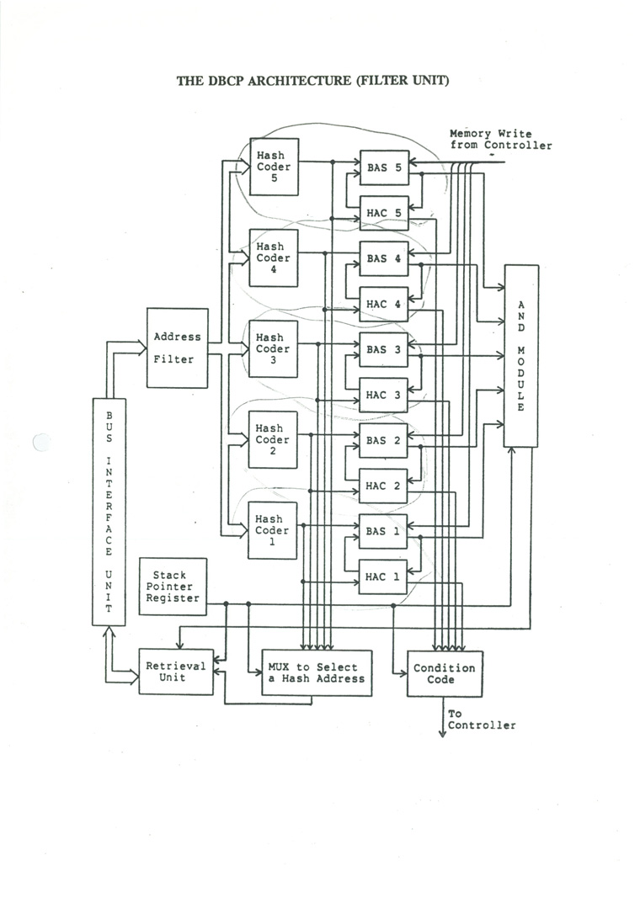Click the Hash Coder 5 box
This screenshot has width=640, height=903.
point(274,167)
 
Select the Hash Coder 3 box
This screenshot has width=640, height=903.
point(274,348)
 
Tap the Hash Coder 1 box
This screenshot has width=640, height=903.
point(274,530)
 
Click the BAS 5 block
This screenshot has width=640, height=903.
point(384,167)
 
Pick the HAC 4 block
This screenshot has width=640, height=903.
point(384,304)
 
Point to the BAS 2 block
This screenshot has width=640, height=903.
point(384,440)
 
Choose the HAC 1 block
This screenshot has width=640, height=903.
point(384,576)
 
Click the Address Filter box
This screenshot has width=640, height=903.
point(178,348)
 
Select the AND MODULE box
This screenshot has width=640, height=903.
point(521,355)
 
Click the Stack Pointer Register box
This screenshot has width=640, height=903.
point(173,586)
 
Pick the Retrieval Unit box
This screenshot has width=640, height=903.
point(176,672)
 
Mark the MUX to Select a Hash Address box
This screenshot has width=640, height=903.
point(316,672)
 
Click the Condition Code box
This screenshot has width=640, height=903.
point(445,673)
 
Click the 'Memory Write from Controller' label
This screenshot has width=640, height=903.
point(501,139)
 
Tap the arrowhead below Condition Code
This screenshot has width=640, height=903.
point(442,733)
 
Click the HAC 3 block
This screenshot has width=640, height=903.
point(384,395)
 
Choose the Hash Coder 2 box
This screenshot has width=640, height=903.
point(274,439)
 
